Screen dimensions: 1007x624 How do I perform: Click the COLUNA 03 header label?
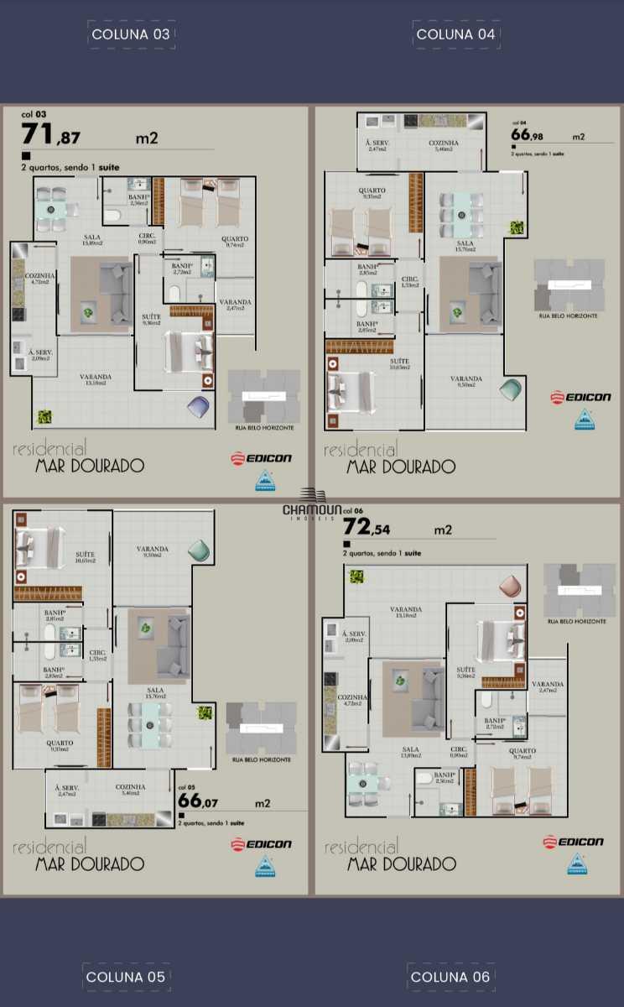pyautogui.click(x=131, y=34)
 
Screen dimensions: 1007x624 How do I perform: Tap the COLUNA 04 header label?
pyautogui.click(x=456, y=34)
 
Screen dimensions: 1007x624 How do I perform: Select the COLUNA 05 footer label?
pyautogui.click(x=126, y=977)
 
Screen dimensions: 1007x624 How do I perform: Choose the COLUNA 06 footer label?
pyautogui.click(x=450, y=977)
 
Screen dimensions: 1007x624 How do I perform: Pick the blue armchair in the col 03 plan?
pyautogui.click(x=200, y=405)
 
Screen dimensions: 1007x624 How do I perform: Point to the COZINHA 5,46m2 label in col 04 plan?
pyautogui.click(x=444, y=146)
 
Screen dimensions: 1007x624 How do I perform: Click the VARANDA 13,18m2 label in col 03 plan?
pyautogui.click(x=96, y=380)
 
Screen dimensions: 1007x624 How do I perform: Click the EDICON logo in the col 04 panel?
pyautogui.click(x=580, y=397)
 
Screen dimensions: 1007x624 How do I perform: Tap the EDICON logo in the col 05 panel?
pyautogui.click(x=262, y=843)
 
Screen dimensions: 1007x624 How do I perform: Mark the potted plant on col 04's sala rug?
pyautogui.click(x=457, y=312)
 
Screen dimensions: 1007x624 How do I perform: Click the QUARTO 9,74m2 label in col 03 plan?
pyautogui.click(x=235, y=242)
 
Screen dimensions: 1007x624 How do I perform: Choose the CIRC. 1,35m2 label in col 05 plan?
pyautogui.click(x=97, y=655)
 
